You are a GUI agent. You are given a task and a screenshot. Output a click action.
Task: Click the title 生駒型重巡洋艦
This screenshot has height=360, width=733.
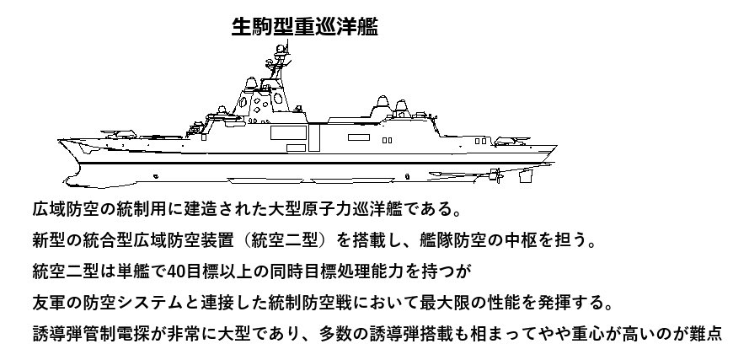[304, 27]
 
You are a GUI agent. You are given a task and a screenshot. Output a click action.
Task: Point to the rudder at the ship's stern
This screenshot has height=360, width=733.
[505, 176]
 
